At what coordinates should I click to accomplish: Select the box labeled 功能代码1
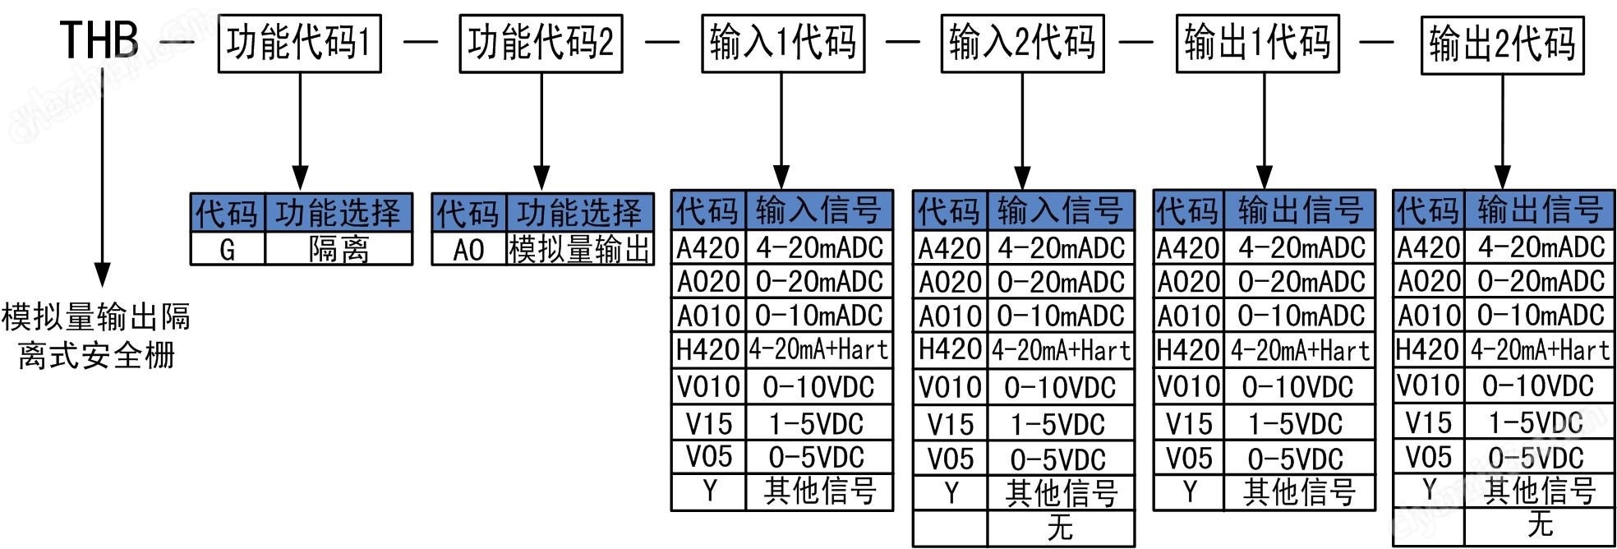tap(299, 43)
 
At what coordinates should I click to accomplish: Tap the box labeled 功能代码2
tap(541, 43)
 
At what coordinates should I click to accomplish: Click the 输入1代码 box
tap(782, 43)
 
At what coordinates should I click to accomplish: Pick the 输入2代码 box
tap(1022, 43)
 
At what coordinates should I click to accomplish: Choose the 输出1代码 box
tap(1257, 43)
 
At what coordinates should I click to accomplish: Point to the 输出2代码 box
tap(1502, 44)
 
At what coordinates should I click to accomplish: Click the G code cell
tap(228, 249)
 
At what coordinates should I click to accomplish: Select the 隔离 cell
tap(339, 249)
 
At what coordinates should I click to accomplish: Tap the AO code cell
tap(468, 249)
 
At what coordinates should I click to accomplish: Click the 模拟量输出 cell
tap(579, 249)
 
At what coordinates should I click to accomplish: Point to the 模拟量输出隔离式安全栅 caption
tap(96, 335)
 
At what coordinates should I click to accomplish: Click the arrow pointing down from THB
tap(102, 181)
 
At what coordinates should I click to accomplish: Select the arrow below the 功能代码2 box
tap(541, 131)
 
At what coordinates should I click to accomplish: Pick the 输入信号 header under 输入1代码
tap(818, 210)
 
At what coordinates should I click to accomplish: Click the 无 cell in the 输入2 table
tap(1060, 528)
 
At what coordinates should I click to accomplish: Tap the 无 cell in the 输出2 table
tap(1540, 524)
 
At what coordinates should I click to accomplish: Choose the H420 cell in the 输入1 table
tap(707, 350)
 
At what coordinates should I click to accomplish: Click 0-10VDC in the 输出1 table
tap(1298, 386)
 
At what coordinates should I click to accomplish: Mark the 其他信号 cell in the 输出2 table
tap(1540, 491)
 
